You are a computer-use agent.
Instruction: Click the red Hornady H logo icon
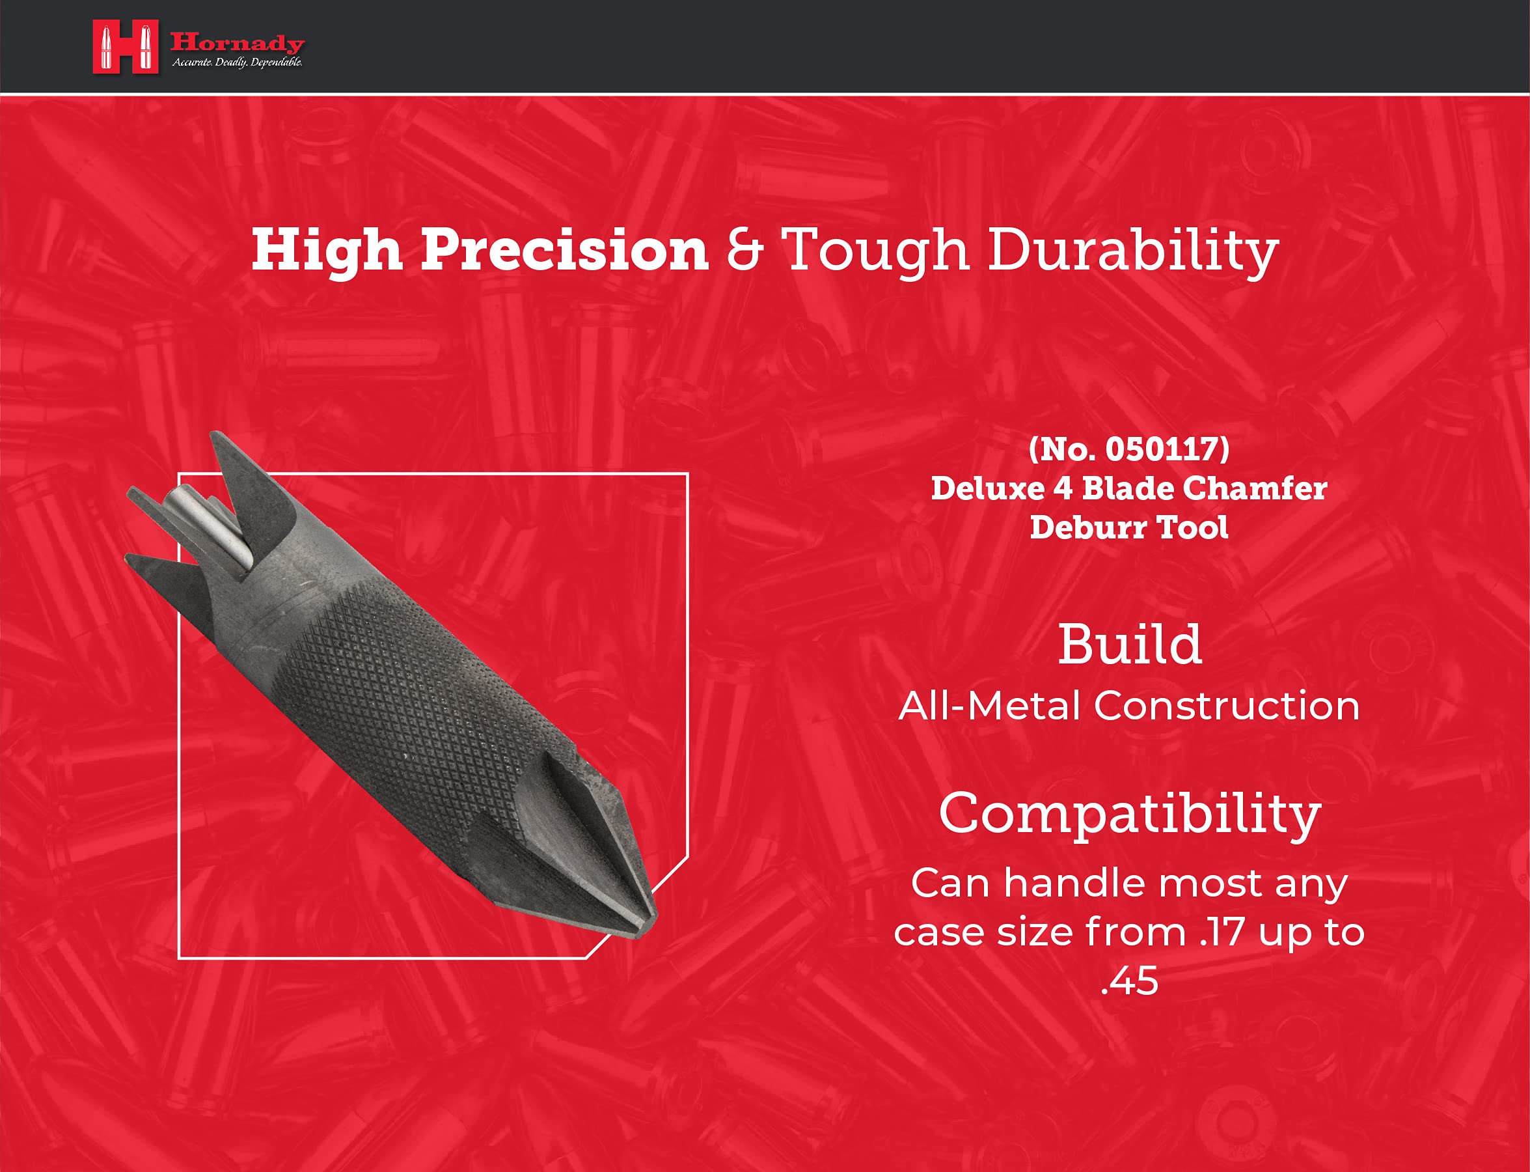pos(126,46)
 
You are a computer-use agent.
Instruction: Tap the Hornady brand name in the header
pos(238,43)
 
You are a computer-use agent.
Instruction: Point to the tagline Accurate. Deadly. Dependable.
pos(238,63)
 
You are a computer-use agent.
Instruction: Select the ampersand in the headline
pos(745,251)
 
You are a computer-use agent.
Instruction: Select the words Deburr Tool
pos(1129,527)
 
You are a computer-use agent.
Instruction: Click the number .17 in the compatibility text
pos(1222,932)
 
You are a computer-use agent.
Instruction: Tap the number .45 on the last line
pos(1130,980)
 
